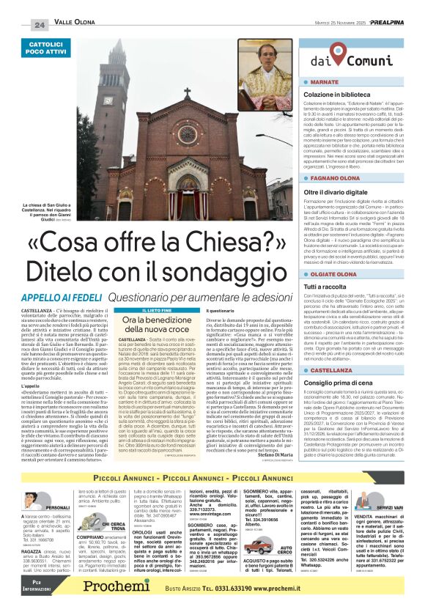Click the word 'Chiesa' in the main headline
tap(218, 258)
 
